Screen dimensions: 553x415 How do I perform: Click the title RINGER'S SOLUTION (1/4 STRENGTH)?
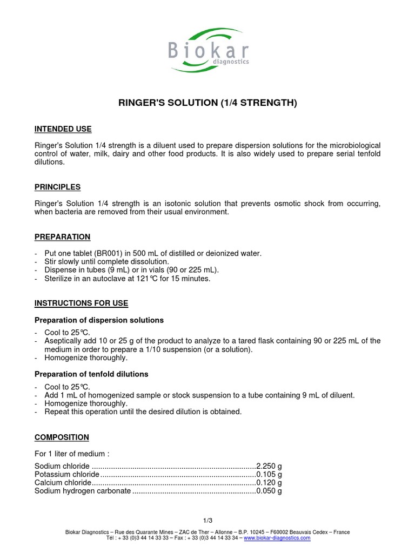click(207, 103)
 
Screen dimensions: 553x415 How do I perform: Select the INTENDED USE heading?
click(63, 129)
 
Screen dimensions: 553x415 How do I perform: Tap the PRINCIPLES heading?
click(57, 187)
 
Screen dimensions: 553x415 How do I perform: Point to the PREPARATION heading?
click(62, 237)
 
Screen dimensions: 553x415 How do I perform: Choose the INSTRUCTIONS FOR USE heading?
click(81, 303)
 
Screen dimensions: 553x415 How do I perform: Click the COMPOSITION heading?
click(62, 437)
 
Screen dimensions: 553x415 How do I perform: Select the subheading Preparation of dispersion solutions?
click(99, 320)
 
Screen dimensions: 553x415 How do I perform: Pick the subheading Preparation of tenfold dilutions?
click(91, 374)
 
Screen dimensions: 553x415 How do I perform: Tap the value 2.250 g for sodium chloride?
click(269, 466)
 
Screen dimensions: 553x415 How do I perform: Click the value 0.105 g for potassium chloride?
click(269, 474)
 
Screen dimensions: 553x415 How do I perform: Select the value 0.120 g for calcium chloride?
click(269, 483)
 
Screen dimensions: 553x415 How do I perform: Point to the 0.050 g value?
click(269, 491)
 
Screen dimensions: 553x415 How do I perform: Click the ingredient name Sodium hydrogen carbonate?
click(83, 491)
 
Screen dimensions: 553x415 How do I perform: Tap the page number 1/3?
click(207, 521)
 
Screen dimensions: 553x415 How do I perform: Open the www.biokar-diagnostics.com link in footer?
click(277, 538)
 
